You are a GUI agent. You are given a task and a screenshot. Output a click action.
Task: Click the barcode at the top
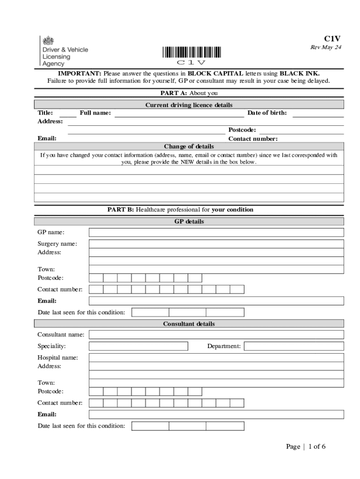point(192,52)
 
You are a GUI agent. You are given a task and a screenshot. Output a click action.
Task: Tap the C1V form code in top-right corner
point(332,39)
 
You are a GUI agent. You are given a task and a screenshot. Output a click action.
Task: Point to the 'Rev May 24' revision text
point(326,48)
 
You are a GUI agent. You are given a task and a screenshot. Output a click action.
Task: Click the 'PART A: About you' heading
point(189,93)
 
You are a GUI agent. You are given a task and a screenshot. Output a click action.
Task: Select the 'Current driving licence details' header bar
point(189,105)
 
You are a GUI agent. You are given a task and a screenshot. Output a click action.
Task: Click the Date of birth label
point(267,113)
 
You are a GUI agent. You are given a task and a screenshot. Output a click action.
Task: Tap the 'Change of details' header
point(189,146)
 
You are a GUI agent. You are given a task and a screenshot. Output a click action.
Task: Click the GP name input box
point(216,232)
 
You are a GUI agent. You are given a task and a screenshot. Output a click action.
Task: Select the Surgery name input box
point(216,244)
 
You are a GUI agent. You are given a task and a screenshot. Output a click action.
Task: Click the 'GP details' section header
point(189,221)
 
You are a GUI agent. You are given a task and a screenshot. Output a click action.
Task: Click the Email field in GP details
point(216,301)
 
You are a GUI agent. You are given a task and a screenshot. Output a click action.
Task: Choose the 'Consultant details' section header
point(189,324)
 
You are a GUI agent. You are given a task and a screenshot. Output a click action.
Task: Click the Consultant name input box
point(216,334)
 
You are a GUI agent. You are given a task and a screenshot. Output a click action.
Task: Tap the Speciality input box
point(138,346)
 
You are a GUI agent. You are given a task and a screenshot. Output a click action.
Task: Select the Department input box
point(294,346)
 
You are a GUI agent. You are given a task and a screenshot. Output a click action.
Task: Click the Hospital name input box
point(216,357)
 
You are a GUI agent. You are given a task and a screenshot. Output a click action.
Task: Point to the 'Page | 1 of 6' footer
point(306,446)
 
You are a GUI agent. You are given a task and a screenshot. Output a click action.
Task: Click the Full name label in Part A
point(95,113)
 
